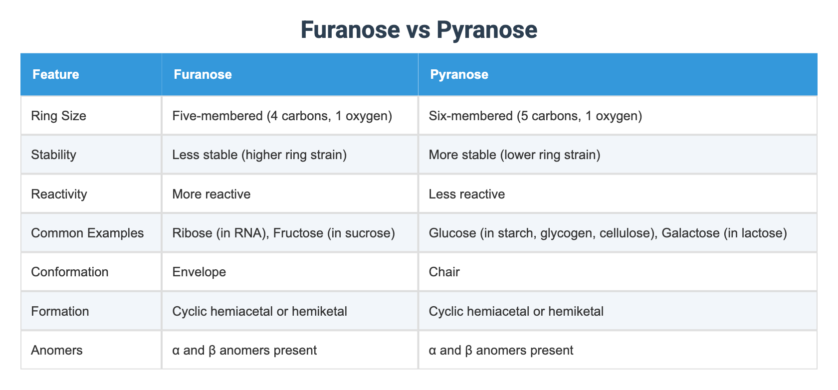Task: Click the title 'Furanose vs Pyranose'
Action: [x=419, y=30]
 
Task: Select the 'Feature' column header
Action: [x=55, y=75]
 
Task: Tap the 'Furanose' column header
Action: [x=203, y=75]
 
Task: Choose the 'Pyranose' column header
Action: [x=459, y=75]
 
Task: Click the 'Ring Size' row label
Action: [x=58, y=116]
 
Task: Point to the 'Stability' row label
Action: [x=53, y=155]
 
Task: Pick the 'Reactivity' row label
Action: [x=59, y=194]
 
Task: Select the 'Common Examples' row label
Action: [x=87, y=233]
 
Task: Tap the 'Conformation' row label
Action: [x=69, y=272]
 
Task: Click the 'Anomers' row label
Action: [x=56, y=351]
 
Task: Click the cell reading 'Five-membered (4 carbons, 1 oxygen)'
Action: [x=282, y=116]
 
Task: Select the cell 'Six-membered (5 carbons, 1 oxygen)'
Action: [x=535, y=116]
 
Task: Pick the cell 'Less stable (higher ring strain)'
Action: [x=259, y=155]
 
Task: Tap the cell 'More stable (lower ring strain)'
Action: [x=514, y=155]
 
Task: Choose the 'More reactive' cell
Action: [x=211, y=194]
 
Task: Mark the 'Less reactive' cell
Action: [x=466, y=194]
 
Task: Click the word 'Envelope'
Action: [x=199, y=272]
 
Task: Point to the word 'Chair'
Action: [x=444, y=272]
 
